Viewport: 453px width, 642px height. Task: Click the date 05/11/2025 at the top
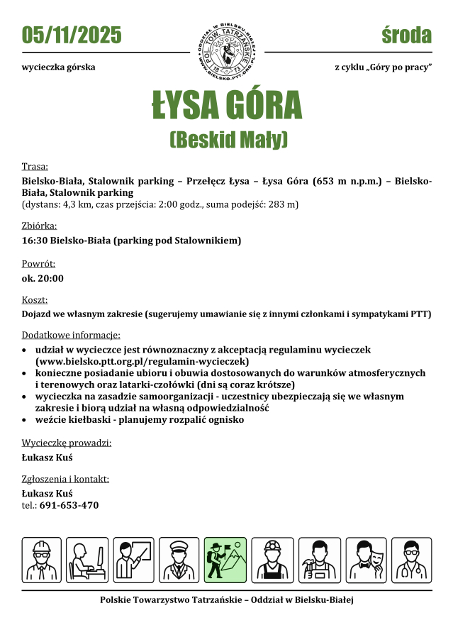(72, 35)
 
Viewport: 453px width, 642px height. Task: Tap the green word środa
(406, 35)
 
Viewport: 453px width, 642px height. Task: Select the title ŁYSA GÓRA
(226, 106)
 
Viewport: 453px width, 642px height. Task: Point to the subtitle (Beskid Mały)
(228, 138)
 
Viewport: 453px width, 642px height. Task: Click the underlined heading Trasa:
(35, 167)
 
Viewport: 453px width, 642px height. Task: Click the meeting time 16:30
(35, 240)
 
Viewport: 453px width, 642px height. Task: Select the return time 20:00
(50, 278)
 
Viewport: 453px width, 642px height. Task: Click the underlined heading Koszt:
(35, 299)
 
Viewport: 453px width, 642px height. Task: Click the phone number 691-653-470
(69, 505)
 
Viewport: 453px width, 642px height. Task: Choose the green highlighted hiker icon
(225, 559)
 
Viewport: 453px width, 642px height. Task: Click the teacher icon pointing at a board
(133, 559)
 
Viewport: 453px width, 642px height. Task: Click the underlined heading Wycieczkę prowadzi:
(67, 443)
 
